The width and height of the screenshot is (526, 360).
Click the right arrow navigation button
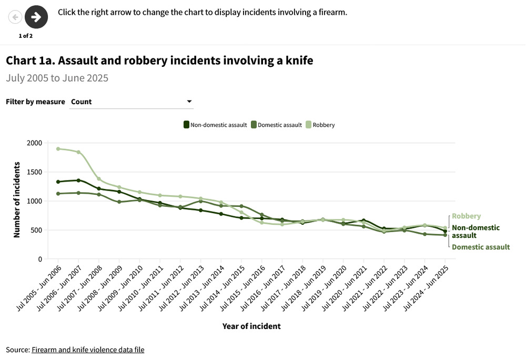36,17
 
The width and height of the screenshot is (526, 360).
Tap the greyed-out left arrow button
15,17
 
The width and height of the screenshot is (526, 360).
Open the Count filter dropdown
131,102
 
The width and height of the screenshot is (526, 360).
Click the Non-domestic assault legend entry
215,125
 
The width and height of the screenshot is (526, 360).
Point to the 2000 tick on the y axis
34,143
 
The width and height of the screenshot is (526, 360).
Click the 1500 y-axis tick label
34,172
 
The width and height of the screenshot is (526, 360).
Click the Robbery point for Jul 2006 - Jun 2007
78,152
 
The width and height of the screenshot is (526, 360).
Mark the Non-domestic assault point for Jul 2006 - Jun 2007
78,181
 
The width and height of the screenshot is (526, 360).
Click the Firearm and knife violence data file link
88,349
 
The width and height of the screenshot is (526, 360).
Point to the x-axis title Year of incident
251,326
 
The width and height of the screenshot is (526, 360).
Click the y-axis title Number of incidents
17,201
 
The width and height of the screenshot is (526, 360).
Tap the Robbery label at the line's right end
466,216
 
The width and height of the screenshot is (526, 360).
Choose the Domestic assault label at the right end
481,247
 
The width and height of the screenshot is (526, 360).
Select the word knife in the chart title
299,61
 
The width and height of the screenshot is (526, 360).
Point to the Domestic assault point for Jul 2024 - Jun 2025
446,235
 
